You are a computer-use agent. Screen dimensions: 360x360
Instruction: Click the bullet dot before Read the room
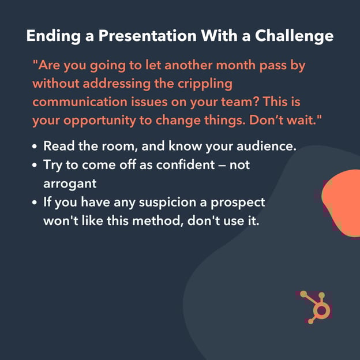35,147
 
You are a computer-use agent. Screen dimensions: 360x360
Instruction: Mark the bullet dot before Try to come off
35,165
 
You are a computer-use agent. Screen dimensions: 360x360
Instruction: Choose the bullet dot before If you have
35,203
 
